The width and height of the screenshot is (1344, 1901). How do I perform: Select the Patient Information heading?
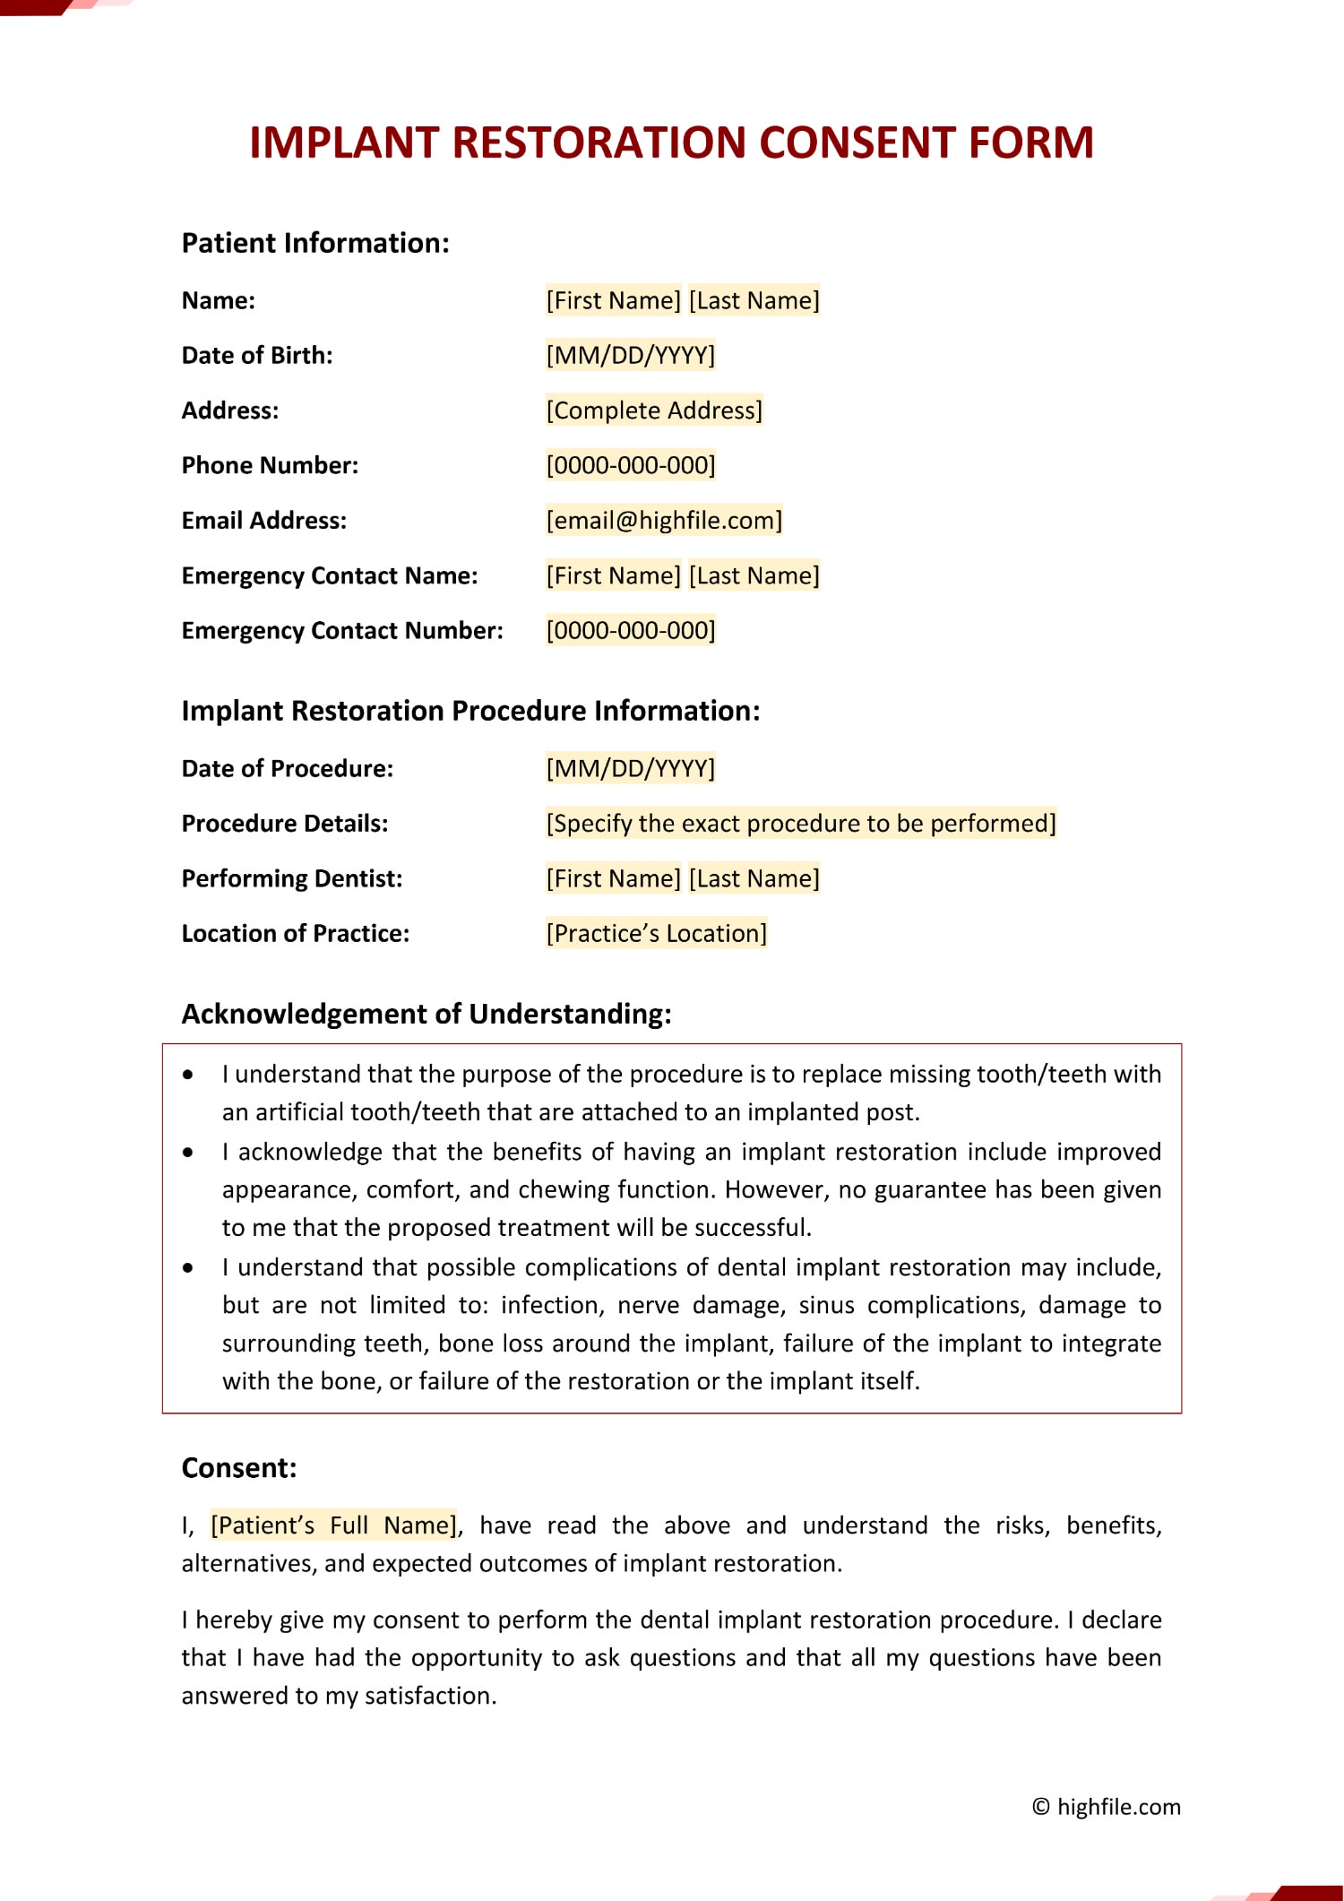pyautogui.click(x=315, y=243)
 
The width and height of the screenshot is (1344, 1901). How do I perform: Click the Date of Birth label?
pyautogui.click(x=257, y=356)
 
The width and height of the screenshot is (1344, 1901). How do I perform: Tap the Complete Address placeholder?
pyautogui.click(x=654, y=410)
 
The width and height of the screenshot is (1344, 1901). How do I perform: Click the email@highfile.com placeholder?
pyautogui.click(x=664, y=521)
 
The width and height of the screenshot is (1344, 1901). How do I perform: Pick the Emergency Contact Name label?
pyautogui.click(x=330, y=575)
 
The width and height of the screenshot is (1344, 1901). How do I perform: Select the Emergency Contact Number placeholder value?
pyautogui.click(x=631, y=631)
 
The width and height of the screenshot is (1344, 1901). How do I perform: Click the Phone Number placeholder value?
pyautogui.click(x=631, y=466)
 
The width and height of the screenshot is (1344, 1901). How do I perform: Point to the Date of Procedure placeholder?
pyautogui.click(x=631, y=769)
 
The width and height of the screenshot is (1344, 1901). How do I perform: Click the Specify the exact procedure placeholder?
pyautogui.click(x=801, y=824)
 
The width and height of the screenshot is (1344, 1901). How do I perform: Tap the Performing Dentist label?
pyautogui.click(x=292, y=879)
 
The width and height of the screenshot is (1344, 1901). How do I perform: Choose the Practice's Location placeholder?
pyautogui.click(x=657, y=934)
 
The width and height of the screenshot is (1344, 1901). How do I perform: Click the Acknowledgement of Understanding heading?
pyautogui.click(x=426, y=1014)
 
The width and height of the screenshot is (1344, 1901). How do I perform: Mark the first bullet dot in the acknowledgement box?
pyautogui.click(x=188, y=1075)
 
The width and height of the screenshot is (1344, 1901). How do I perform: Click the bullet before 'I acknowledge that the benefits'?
pyautogui.click(x=188, y=1153)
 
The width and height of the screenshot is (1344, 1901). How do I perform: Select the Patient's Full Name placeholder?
pyautogui.click(x=334, y=1525)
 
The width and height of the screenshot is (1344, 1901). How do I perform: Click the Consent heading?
pyautogui.click(x=239, y=1468)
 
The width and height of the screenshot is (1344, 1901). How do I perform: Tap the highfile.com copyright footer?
pyautogui.click(x=1107, y=1807)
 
